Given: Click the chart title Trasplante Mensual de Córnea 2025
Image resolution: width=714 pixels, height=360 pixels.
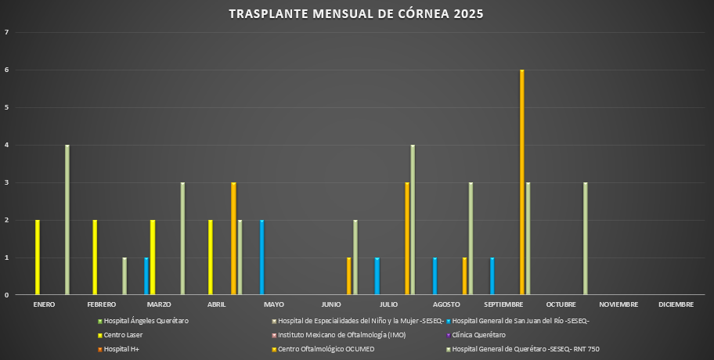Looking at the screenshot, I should point(356,14).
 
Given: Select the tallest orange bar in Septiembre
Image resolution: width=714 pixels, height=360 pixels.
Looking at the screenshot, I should point(521,182).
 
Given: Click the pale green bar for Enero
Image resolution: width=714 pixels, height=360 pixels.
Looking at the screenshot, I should point(67,220).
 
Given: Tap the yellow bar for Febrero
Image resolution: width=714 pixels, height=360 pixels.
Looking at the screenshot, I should point(95,257).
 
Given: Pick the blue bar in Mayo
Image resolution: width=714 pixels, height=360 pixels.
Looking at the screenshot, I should point(262,257).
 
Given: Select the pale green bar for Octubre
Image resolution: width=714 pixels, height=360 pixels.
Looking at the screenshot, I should point(586,239).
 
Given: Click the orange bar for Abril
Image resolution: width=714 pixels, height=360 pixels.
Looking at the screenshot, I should point(233,239).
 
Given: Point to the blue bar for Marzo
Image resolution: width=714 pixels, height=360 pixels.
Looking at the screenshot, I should point(146,276).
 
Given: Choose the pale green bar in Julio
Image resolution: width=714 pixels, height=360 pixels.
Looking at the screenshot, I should point(413,220).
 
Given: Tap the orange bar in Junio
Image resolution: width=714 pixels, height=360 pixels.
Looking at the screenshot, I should point(348,276).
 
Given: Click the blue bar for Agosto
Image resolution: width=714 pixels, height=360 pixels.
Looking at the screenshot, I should point(435,276).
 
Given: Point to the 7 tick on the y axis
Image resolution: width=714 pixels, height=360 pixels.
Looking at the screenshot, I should point(7,33).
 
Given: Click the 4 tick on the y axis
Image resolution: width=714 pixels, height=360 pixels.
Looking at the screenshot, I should point(7,146).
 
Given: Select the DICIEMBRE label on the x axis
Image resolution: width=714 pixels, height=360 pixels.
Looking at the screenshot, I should point(675,304).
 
